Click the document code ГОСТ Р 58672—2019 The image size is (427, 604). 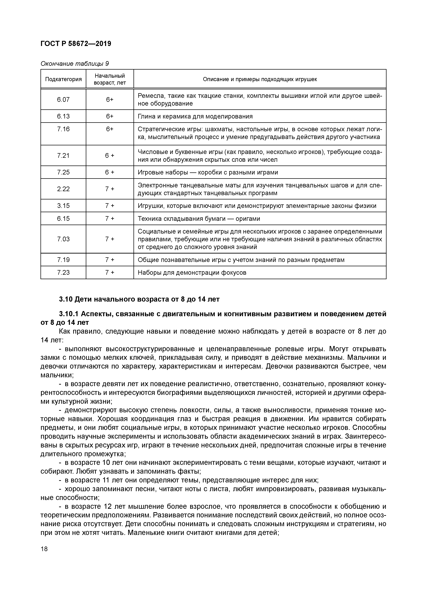[x=76, y=44]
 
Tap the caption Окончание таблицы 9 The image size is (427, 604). [x=74, y=64]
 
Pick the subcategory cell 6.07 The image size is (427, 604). [x=63, y=99]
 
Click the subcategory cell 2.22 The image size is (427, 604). [x=63, y=189]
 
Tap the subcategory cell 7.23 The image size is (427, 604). [x=63, y=272]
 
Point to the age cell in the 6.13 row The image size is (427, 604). [x=110, y=116]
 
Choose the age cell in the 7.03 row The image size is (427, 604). [x=110, y=239]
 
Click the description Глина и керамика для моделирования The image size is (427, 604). [x=195, y=116]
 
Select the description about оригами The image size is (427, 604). [x=199, y=219]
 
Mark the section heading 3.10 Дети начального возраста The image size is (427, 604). [x=139, y=299]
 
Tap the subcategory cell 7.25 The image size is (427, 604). [x=63, y=172]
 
